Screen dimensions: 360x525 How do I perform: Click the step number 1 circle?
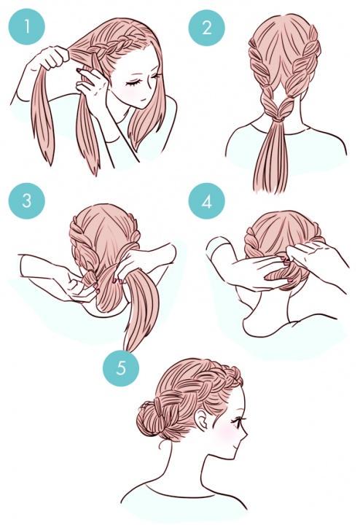tap(26, 26)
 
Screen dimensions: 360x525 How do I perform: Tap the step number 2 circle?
tap(206, 27)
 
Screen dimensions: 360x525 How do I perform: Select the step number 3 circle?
tap(26, 201)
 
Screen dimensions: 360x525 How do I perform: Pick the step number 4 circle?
tap(206, 201)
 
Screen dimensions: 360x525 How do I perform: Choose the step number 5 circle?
tap(121, 368)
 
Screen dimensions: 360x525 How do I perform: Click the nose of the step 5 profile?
tap(245, 435)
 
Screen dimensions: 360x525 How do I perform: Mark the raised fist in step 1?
tap(50, 58)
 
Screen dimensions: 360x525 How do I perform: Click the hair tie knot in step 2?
tap(278, 117)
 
